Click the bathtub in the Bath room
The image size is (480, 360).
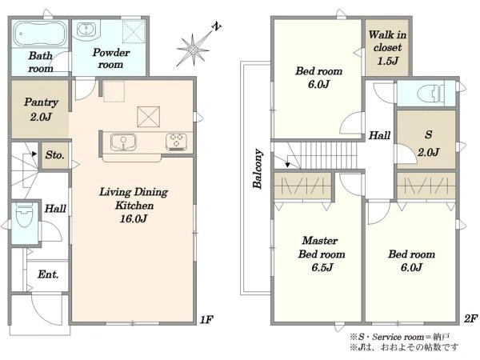tap(40, 34)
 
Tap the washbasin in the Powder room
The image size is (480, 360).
tap(86, 30)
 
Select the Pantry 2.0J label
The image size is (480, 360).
tap(41, 110)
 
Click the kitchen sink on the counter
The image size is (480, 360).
tap(123, 142)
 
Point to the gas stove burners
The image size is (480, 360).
tap(176, 142)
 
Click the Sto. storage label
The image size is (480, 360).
tap(54, 155)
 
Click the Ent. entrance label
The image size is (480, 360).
tap(48, 274)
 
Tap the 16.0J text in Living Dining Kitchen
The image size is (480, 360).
tap(134, 218)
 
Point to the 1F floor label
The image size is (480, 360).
tap(206, 319)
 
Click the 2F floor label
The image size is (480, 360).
tap(470, 318)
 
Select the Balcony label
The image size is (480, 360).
tap(258, 169)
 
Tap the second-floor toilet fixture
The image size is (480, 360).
tap(431, 94)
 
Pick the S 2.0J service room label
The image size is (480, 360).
tap(429, 143)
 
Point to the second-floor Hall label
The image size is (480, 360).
tap(379, 135)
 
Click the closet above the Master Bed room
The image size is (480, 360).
tap(302, 186)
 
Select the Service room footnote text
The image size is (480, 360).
tap(400, 337)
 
